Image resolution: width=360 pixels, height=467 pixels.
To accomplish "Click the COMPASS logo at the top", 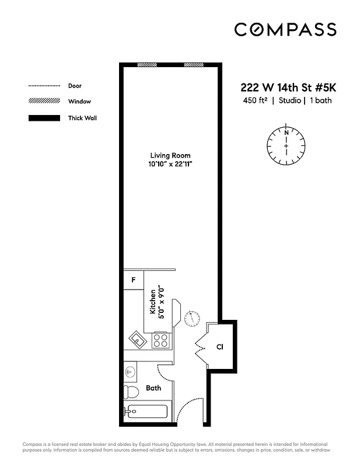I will (285, 29).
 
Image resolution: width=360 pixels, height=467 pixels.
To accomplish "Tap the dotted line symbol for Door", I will (44, 86).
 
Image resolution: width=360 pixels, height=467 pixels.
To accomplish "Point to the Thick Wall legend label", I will (82, 118).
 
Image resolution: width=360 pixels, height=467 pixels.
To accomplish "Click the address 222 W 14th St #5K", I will (288, 88).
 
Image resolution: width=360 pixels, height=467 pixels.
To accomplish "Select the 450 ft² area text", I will (256, 100).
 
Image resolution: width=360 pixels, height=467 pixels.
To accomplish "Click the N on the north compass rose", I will (286, 133).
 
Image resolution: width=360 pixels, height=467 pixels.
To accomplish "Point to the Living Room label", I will (170, 155).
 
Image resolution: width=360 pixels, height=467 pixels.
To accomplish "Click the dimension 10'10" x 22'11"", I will (170, 165).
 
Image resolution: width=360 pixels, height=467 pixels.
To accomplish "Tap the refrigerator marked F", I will (134, 280).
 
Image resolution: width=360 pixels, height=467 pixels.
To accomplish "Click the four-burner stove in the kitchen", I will (160, 340).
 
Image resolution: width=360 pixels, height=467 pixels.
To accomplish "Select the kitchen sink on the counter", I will (137, 339).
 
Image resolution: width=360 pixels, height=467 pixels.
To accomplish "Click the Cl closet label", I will (220, 347).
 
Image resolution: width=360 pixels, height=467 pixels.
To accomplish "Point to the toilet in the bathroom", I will (131, 392).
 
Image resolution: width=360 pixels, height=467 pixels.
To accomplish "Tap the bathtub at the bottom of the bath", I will (146, 411).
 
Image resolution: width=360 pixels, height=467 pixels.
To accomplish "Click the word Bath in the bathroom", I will (153, 388).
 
